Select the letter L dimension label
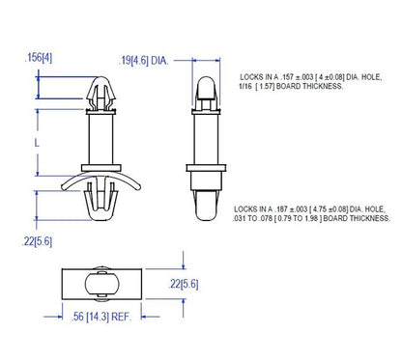click(36, 141)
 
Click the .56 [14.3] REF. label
click(101, 315)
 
